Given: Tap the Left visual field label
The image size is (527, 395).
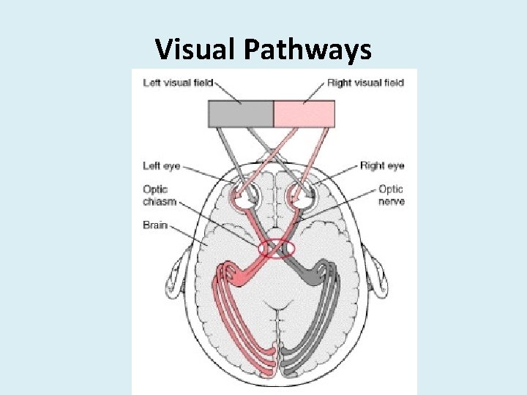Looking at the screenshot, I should click(176, 83).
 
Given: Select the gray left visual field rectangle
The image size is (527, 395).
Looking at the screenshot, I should click(241, 114).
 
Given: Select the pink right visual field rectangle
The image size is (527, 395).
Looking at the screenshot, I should click(304, 114).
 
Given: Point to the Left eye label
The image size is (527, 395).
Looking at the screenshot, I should click(161, 166).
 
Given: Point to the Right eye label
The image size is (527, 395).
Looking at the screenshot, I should click(382, 166).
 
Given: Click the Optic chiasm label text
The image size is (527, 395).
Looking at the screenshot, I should click(160, 195).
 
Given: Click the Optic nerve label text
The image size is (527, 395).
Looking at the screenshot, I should click(392, 195).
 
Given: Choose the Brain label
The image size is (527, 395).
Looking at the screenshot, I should click(155, 225).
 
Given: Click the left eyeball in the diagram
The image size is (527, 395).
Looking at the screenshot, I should click(245, 195).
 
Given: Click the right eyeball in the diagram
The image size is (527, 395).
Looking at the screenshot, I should click(300, 195).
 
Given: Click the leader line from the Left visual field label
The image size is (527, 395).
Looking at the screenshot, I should click(229, 92).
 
